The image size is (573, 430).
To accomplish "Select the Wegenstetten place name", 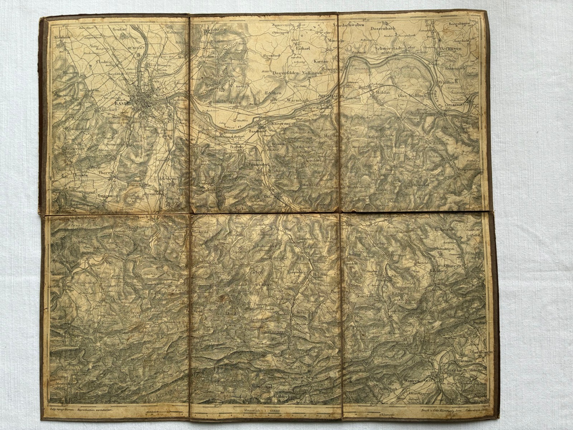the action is (471, 169).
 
